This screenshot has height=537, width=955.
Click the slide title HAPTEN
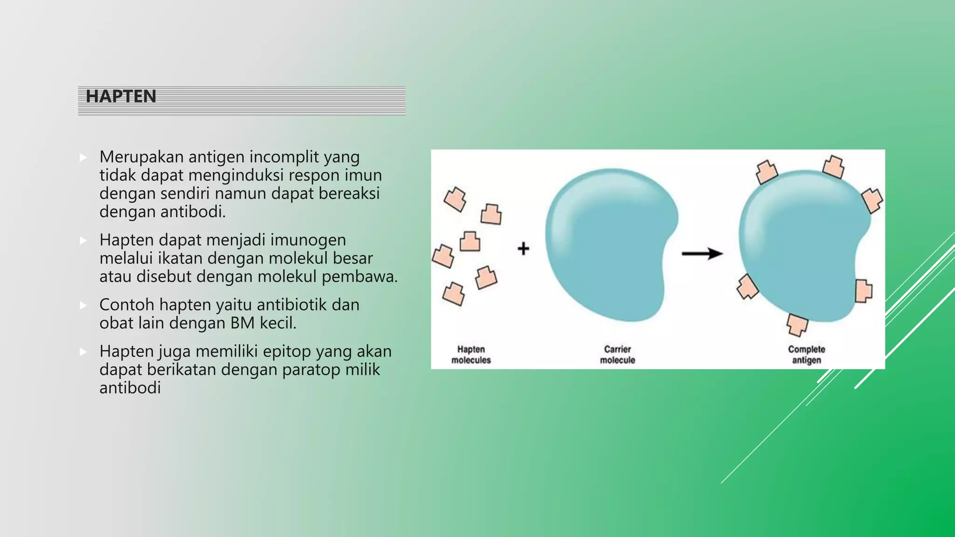pyautogui.click(x=121, y=96)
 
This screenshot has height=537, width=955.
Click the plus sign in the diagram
pyautogui.click(x=523, y=248)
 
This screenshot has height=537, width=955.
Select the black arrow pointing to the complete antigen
pyautogui.click(x=702, y=254)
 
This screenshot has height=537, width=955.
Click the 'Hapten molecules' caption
pyautogui.click(x=471, y=355)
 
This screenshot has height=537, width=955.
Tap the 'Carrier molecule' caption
pyautogui.click(x=617, y=355)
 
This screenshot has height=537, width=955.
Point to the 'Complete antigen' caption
pyautogui.click(x=806, y=355)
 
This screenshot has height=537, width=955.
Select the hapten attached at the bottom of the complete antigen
pyautogui.click(x=797, y=324)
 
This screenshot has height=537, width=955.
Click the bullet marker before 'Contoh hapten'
pyautogui.click(x=83, y=305)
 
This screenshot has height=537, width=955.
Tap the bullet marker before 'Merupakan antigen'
pyautogui.click(x=83, y=158)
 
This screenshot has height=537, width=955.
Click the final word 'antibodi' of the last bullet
pyautogui.click(x=130, y=388)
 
